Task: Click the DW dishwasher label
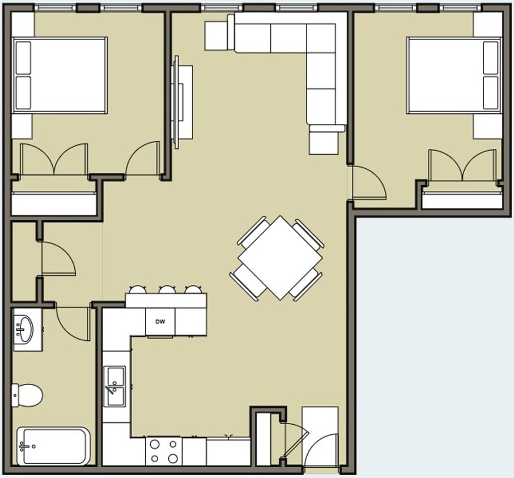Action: (x=160, y=322)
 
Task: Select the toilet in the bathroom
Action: (x=28, y=394)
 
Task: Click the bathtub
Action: (x=54, y=446)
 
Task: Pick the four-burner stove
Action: (x=164, y=451)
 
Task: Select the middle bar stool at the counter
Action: (x=167, y=290)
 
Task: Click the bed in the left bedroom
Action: (x=60, y=75)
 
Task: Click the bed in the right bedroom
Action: (x=453, y=75)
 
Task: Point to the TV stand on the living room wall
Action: (x=182, y=102)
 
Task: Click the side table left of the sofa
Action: (x=215, y=36)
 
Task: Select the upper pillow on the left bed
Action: (x=23, y=58)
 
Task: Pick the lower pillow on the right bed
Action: (x=491, y=92)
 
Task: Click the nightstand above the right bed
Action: (x=487, y=25)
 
